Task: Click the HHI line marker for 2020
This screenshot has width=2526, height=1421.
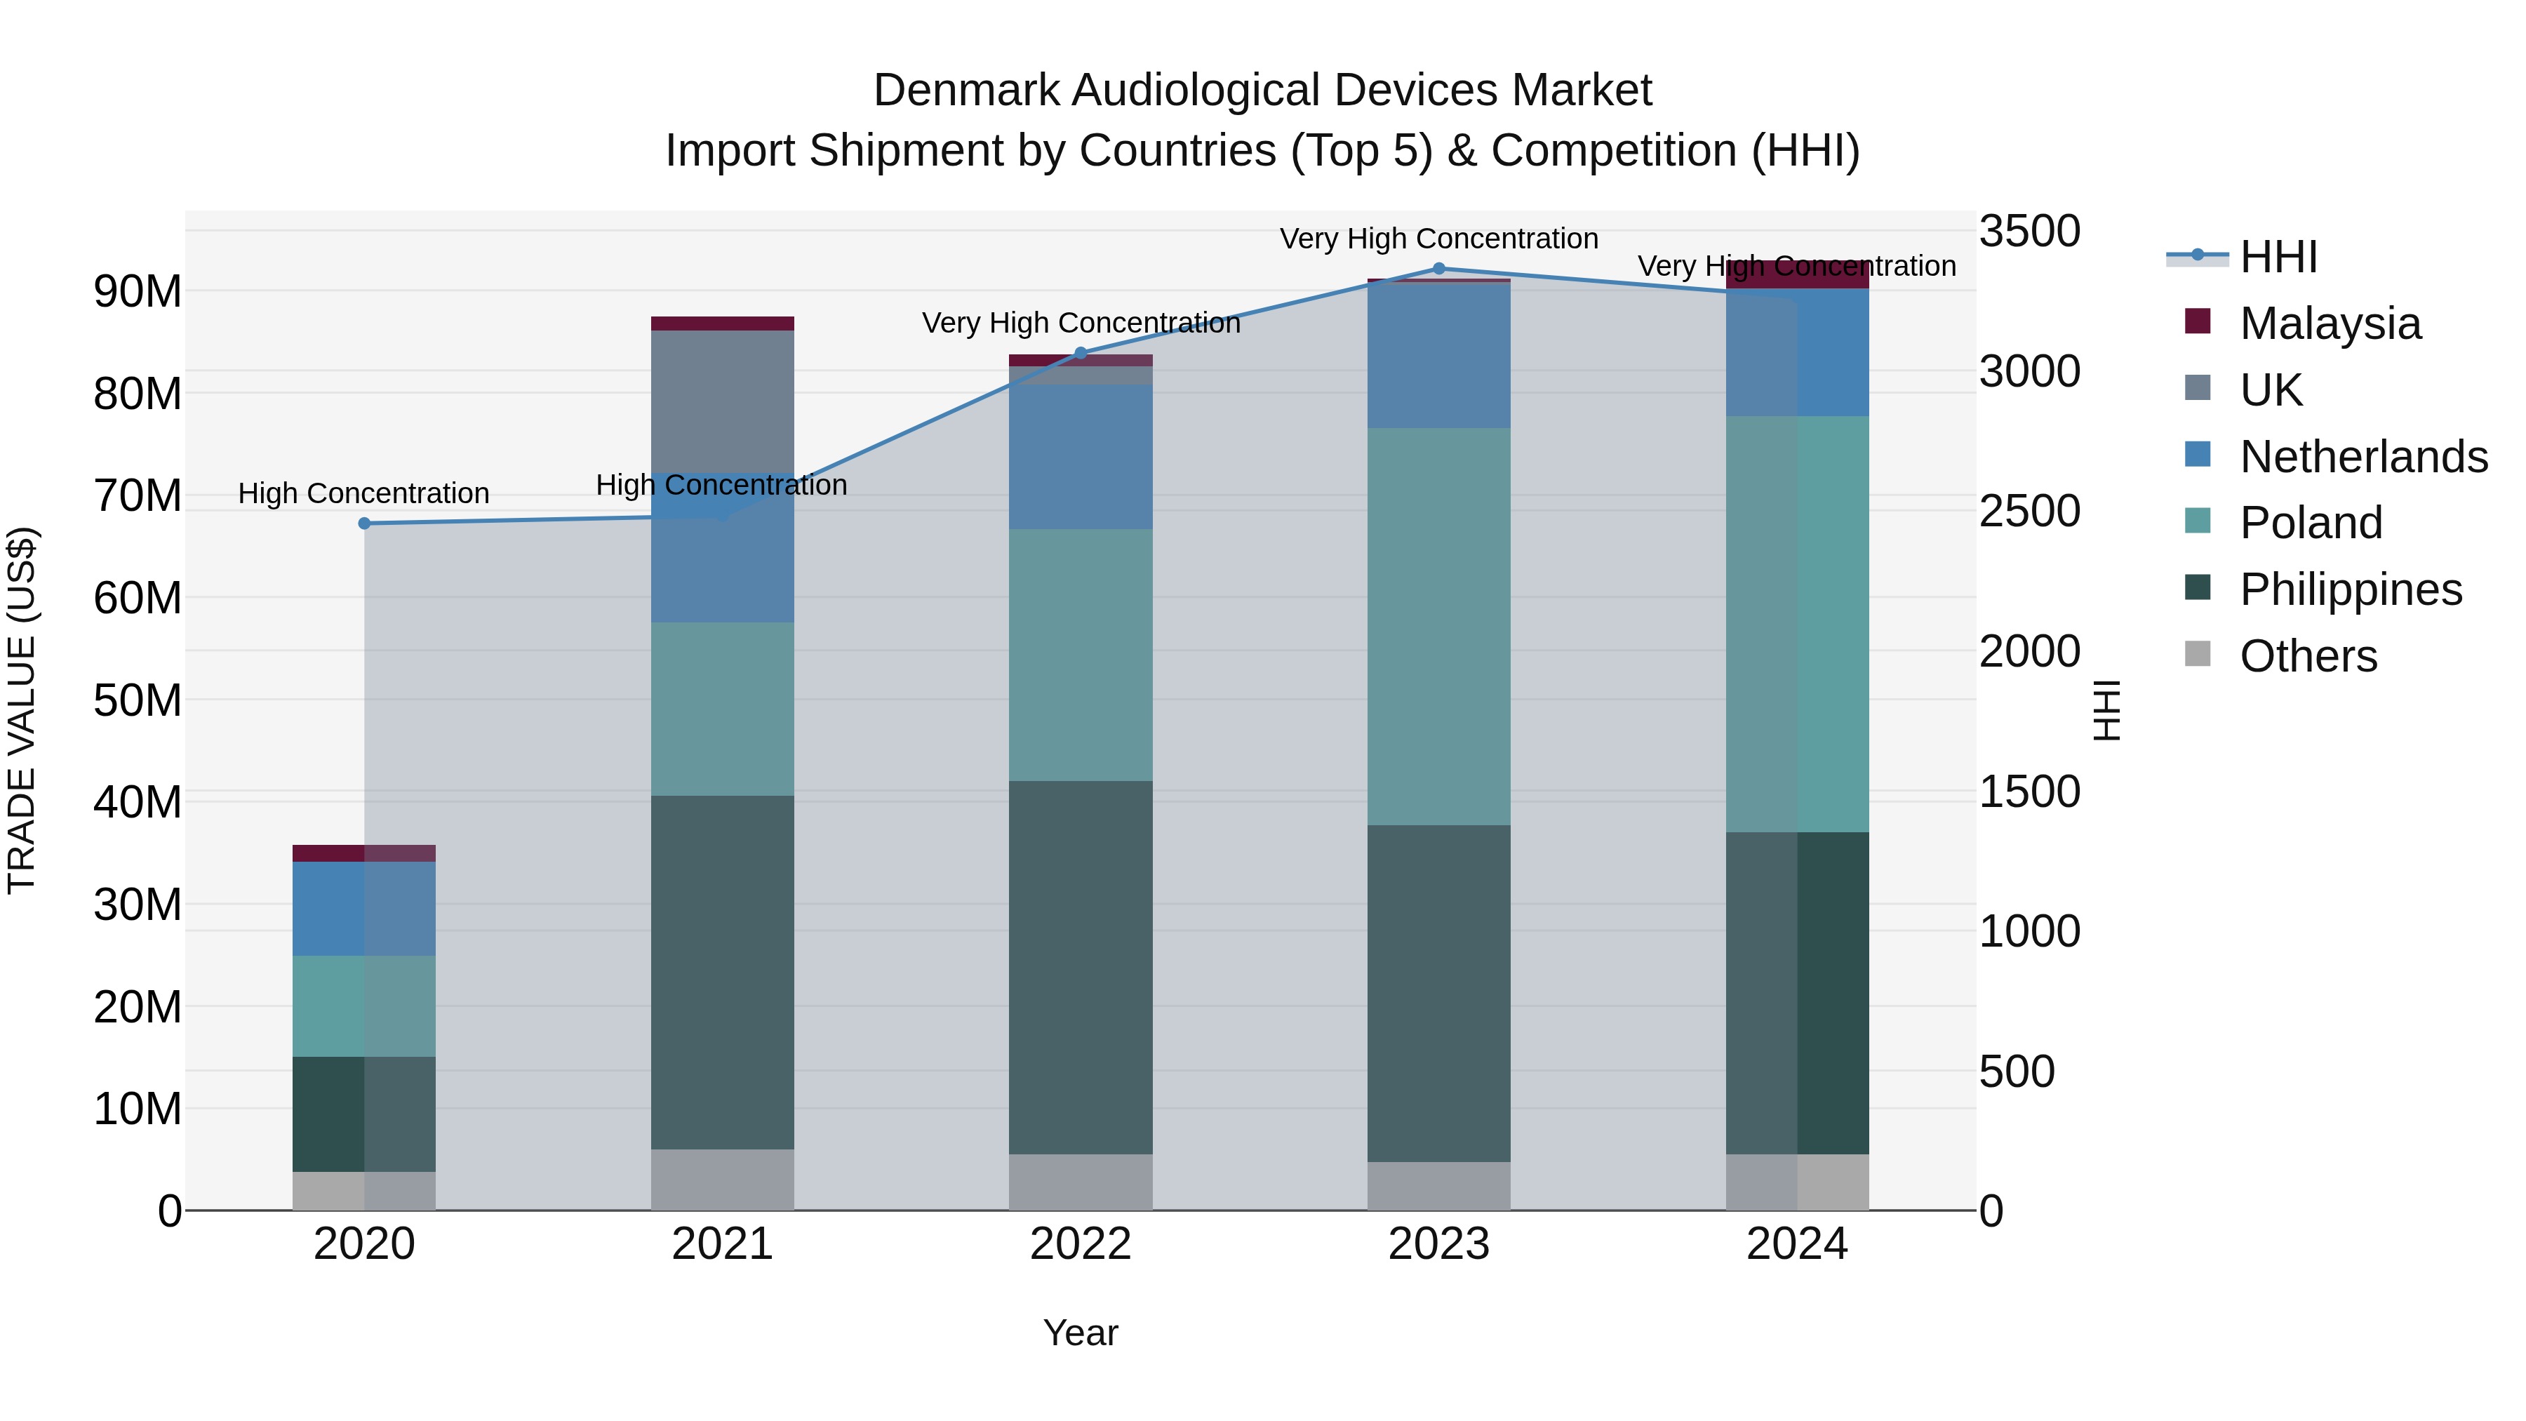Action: [x=363, y=523]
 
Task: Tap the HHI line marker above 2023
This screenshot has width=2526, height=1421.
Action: [x=1438, y=269]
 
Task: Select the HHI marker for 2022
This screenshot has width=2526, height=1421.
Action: [x=1081, y=353]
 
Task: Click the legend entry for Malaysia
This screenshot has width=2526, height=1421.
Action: [x=2330, y=323]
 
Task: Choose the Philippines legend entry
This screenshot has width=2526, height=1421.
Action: [x=2351, y=589]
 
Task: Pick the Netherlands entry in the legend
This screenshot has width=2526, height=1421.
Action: [x=2363, y=457]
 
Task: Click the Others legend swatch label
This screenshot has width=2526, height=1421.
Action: [x=2308, y=656]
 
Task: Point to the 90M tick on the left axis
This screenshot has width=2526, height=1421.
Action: [x=138, y=292]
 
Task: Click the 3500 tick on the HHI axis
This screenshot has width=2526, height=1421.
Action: [x=2029, y=232]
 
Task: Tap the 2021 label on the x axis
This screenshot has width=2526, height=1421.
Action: [x=722, y=1244]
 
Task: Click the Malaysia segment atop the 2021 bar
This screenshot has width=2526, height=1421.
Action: [x=722, y=323]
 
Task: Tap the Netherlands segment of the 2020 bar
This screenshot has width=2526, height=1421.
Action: [x=363, y=908]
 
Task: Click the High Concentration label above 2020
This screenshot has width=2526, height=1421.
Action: [x=363, y=493]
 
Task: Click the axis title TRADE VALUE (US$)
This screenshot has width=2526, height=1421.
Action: [x=22, y=710]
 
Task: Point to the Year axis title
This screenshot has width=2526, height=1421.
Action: [x=1081, y=1333]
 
